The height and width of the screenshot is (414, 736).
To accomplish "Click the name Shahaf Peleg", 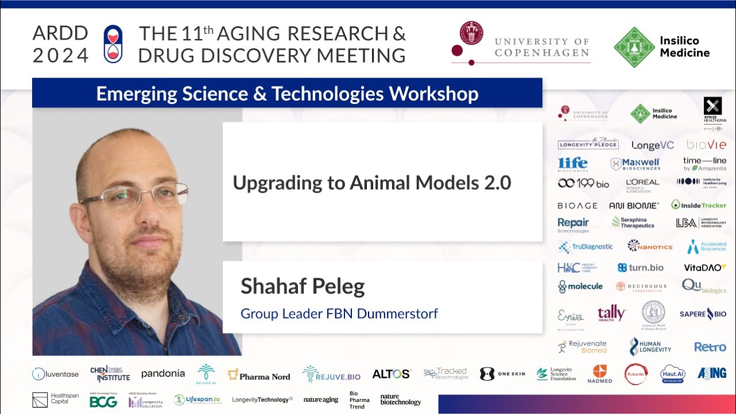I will tap(302, 286).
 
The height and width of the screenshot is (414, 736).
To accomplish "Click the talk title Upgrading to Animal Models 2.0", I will tap(371, 183).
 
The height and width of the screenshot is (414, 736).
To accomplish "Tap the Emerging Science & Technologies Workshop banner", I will tap(287, 93).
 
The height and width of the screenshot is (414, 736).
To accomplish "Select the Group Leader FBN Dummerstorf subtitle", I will tap(339, 314).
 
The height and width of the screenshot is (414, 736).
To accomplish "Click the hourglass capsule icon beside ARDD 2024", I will tap(113, 44).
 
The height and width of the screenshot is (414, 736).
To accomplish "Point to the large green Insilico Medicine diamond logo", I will tap(634, 47).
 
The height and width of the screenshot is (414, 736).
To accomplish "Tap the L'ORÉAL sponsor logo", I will tap(642, 185).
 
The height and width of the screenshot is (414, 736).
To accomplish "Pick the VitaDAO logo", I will tap(704, 267).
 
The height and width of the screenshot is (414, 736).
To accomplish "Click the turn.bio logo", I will tap(640, 267).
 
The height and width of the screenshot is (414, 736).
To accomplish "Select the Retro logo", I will tap(710, 347).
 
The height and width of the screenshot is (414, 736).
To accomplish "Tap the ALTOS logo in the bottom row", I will tap(391, 374).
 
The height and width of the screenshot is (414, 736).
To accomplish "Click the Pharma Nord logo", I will tap(259, 375).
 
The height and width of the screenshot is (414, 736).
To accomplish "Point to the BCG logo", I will tap(103, 402).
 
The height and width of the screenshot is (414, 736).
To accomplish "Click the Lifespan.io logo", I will tap(197, 400).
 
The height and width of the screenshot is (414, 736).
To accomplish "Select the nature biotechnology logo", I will tap(401, 400).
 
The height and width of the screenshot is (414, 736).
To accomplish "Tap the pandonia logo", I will tap(163, 374).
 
